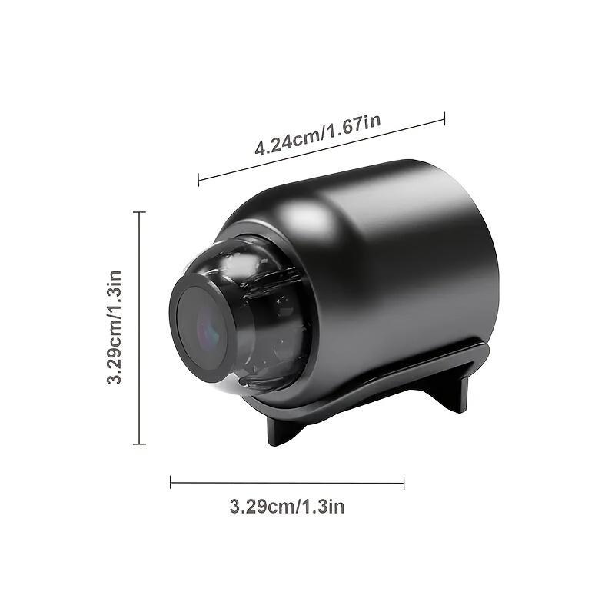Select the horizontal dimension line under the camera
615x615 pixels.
pos(287,483)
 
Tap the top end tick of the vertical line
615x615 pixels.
pos(139,212)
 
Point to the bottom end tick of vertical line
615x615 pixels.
pos(139,444)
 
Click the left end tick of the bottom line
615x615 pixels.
pos(171,483)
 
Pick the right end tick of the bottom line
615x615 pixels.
pos(404,483)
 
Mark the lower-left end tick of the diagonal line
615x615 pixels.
pos(198,180)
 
